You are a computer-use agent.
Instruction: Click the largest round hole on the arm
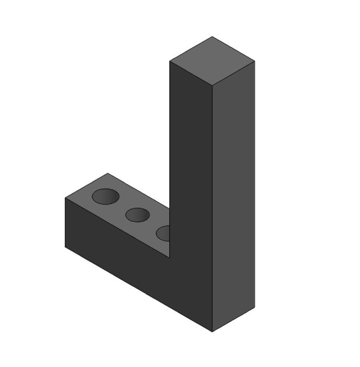pyautogui.click(x=105, y=196)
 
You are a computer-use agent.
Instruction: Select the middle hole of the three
pyautogui.click(x=138, y=214)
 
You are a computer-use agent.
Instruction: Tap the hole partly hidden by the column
pyautogui.click(x=163, y=233)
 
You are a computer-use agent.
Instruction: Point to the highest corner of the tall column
pyautogui.click(x=212, y=37)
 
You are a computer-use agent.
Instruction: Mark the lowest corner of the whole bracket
pyautogui.click(x=212, y=332)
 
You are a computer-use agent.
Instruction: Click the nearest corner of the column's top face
pyautogui.click(x=213, y=85)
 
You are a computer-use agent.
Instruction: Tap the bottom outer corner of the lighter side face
pyautogui.click(x=255, y=307)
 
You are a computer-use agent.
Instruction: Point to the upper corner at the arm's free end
pyautogui.click(x=65, y=198)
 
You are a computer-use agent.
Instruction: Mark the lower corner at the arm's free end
pyautogui.click(x=65, y=247)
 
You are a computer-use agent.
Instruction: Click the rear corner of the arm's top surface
pyautogui.click(x=107, y=174)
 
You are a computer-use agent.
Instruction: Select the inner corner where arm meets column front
pyautogui.click(x=170, y=258)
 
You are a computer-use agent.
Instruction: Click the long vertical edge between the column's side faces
pyautogui.click(x=213, y=210)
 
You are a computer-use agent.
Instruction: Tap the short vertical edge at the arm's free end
pyautogui.click(x=65, y=223)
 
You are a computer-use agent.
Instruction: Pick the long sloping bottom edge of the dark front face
pyautogui.click(x=139, y=289)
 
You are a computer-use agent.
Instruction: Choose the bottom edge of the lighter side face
pyautogui.click(x=234, y=320)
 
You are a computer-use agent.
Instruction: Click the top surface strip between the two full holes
pyautogui.click(x=122, y=207)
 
